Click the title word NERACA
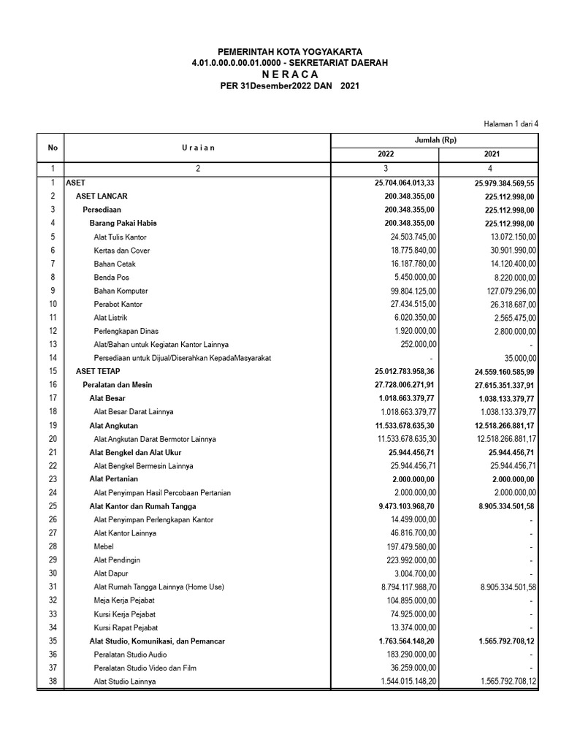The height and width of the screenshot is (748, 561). point(289,75)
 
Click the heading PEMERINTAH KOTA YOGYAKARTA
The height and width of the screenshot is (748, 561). point(289,53)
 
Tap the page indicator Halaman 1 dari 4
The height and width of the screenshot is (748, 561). point(511,124)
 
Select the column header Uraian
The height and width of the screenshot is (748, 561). point(198,148)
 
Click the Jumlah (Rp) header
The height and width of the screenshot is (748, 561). point(434,140)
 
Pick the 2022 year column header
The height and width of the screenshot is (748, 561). point(385,155)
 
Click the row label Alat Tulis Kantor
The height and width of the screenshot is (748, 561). point(120,237)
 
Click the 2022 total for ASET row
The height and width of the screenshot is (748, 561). point(405,183)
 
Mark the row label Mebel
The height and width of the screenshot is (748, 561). point(104,546)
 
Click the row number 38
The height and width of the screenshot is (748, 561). point(53,682)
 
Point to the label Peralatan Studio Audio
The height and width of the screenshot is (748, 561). point(130,654)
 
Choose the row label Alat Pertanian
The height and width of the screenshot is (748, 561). point(113,479)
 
